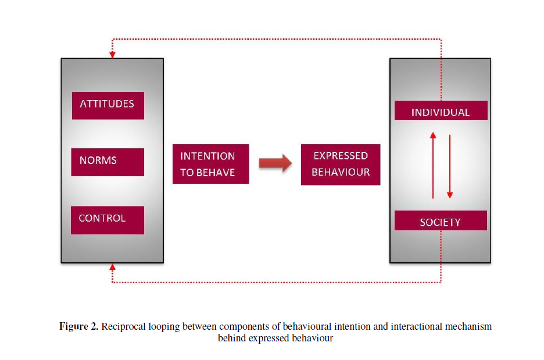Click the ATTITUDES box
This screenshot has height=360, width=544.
(108, 105)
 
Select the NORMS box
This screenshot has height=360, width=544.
(108, 161)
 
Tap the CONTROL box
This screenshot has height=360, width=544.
(108, 219)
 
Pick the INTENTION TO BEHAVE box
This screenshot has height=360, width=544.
(210, 164)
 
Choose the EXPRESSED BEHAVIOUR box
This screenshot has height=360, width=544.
(341, 164)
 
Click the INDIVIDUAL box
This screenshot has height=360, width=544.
(441, 111)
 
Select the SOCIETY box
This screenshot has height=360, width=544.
(441, 221)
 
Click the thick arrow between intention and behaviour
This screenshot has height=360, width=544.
(275, 164)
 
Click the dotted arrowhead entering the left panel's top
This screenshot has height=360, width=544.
(112, 55)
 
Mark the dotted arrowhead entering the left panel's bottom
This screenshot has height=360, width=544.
(112, 267)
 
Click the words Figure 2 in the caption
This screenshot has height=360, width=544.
(79, 326)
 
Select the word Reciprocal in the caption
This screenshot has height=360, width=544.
(121, 326)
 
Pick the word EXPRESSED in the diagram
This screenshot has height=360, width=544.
(341, 156)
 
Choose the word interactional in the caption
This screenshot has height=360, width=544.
(412, 326)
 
